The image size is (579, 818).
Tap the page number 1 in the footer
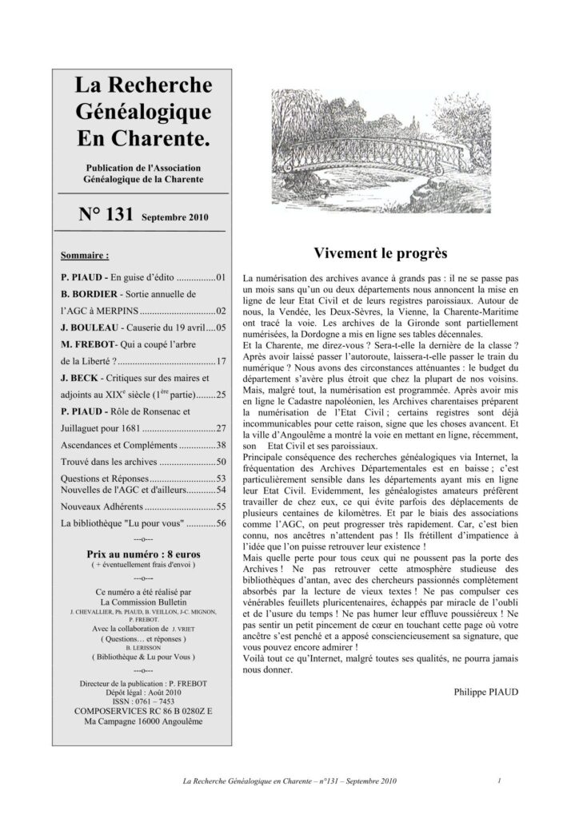click(498, 780)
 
